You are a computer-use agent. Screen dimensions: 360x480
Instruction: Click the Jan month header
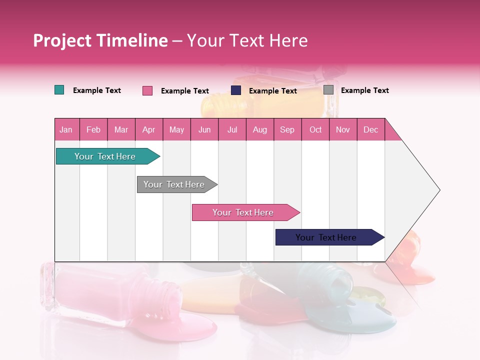pos(66,129)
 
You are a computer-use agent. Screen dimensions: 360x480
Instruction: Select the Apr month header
pos(149,129)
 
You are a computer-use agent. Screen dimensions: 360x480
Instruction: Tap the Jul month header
pos(232,129)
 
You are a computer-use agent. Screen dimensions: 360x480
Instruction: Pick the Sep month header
pos(287,129)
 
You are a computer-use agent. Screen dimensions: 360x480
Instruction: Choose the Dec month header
pos(370,129)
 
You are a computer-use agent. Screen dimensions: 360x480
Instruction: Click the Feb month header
pos(93,129)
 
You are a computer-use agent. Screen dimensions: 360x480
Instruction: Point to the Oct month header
pos(315,129)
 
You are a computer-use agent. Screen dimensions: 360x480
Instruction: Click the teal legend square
pos(59,90)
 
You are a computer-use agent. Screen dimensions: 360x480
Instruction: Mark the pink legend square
pos(147,90)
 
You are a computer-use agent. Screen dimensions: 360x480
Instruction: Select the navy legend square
pos(236,90)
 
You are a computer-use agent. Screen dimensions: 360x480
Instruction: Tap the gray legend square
pos(328,90)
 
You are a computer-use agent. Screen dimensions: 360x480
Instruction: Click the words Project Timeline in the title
pos(100,40)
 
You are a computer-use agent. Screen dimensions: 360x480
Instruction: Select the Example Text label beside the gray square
pos(364,90)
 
